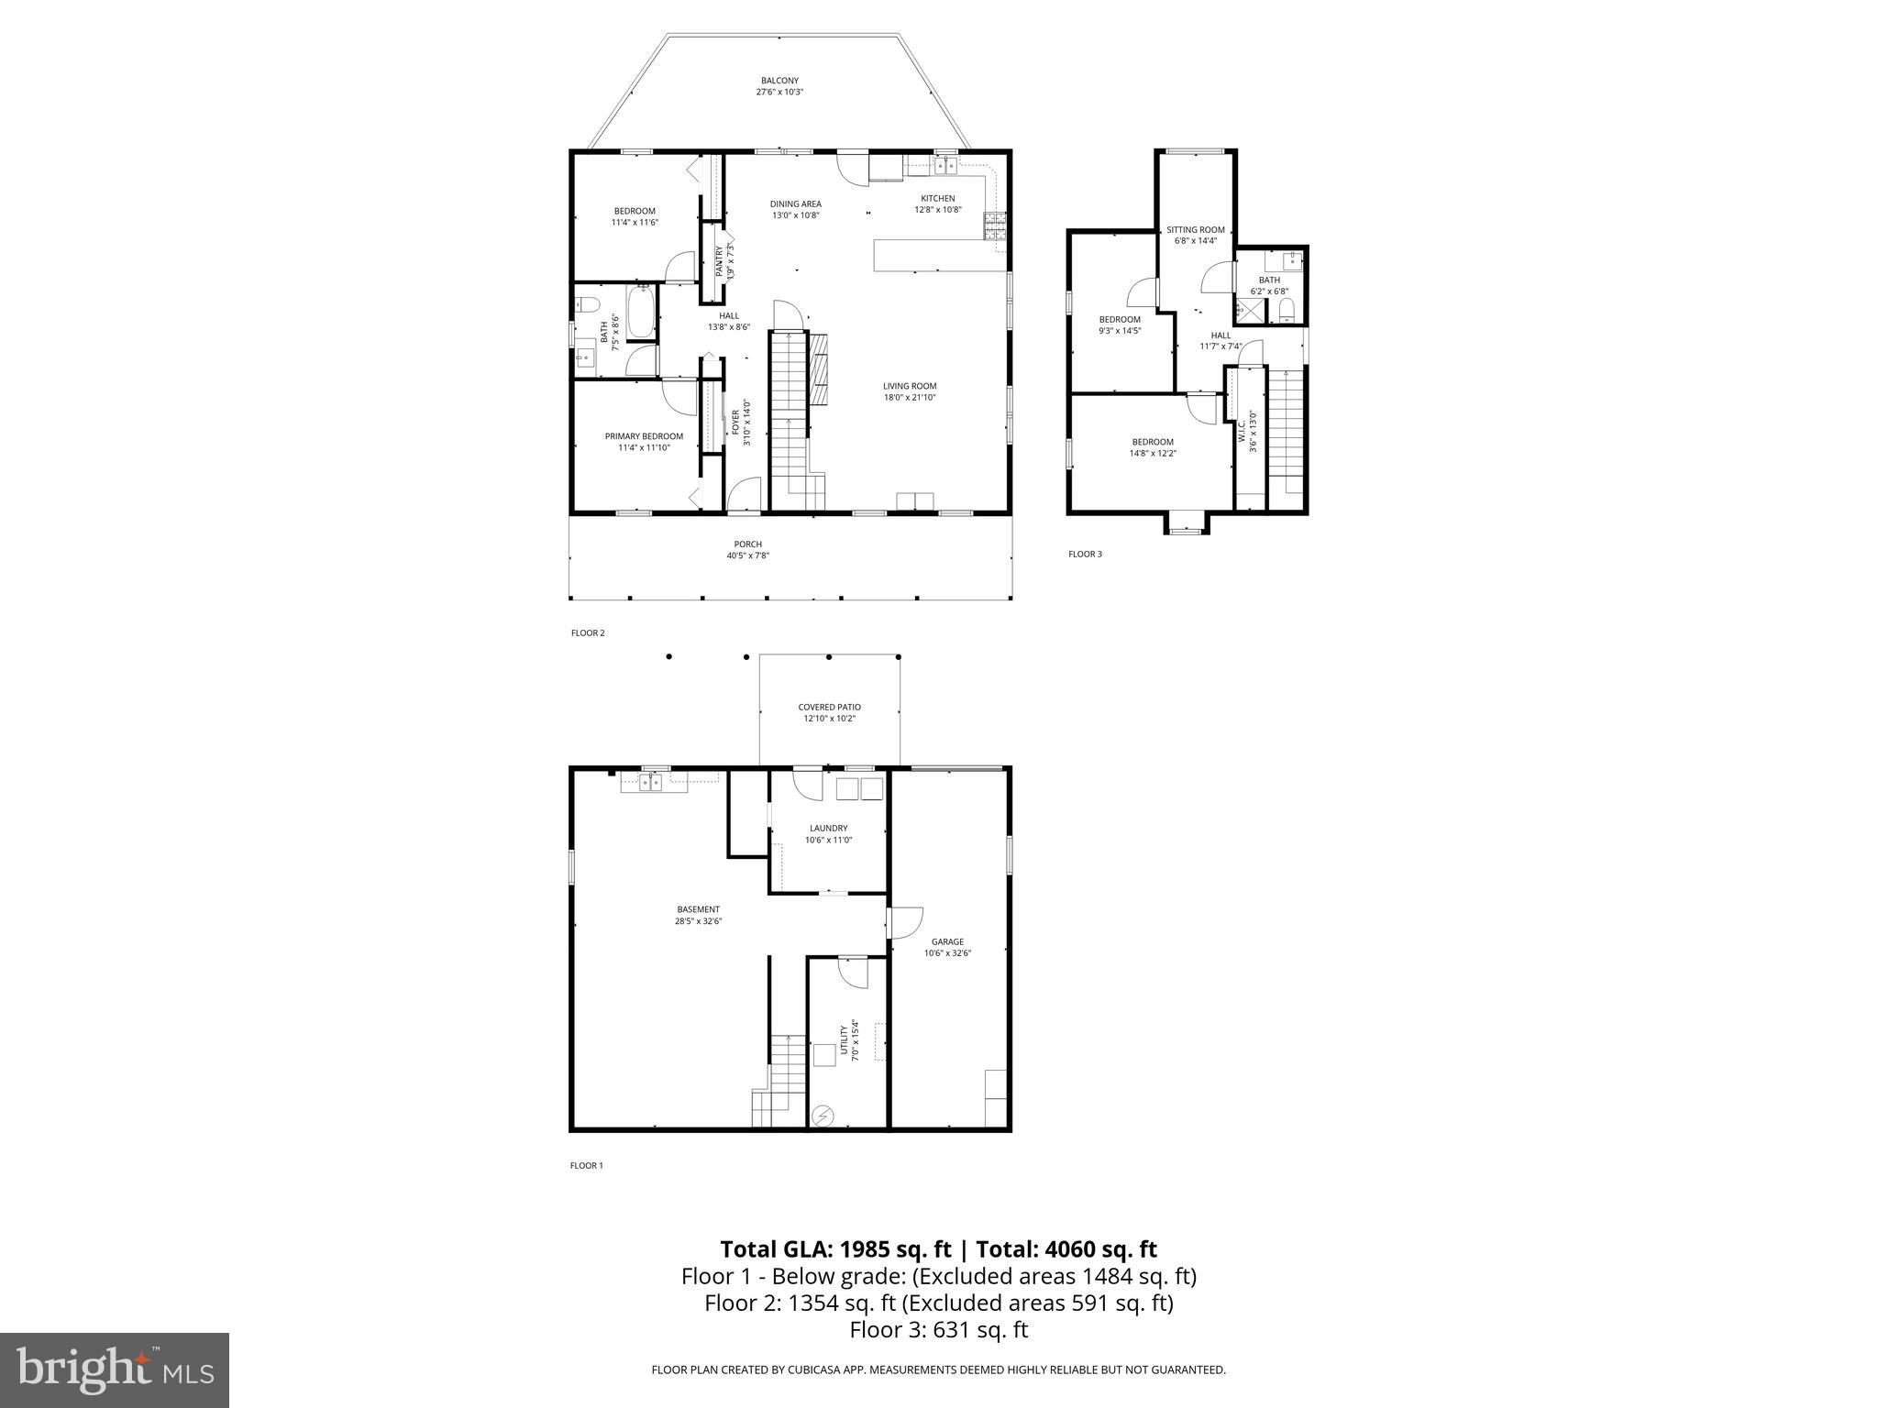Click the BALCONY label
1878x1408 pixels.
pos(779,81)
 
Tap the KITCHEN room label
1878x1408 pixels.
pos(937,198)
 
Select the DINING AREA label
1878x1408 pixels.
pos(795,203)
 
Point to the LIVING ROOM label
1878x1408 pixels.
pos(910,386)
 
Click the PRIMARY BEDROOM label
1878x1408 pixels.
pos(644,436)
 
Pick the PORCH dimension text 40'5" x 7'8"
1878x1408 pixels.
pos(748,555)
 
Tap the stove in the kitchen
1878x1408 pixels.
pos(996,226)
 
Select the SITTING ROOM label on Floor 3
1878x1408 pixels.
pos(1195,230)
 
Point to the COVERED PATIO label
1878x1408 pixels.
pos(829,707)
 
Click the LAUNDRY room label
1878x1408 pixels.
pos(828,828)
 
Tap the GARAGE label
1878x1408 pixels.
pos(947,941)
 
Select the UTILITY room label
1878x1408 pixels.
pos(845,1039)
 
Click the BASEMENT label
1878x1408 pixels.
pos(698,909)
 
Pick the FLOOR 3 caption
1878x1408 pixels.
pos(1085,554)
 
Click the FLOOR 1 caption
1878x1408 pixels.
pos(587,1166)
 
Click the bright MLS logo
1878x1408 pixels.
pos(115,1369)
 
